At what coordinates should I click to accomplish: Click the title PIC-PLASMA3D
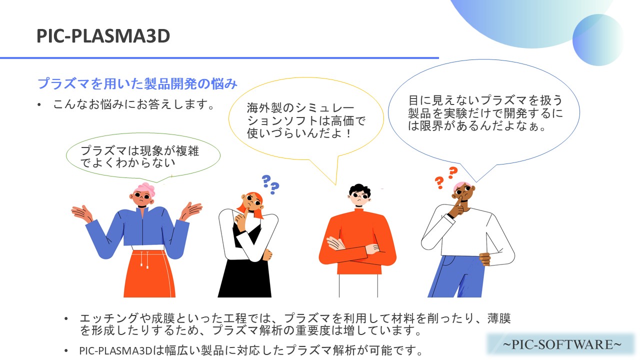103,36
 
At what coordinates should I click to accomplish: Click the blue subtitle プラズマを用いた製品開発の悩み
137,83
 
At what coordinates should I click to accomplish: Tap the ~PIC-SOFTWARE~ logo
561,344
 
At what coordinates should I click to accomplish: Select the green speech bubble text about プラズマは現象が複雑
139,156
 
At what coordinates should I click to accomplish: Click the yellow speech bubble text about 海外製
306,120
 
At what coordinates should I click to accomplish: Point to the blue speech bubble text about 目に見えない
485,113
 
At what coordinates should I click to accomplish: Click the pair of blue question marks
270,184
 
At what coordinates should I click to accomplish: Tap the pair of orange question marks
446,177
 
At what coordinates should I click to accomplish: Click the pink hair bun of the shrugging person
145,189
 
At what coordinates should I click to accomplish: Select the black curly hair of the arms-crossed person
359,190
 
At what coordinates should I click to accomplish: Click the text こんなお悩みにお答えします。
133,104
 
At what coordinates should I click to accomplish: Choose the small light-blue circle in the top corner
598,40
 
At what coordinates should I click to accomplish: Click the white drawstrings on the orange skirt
144,259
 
